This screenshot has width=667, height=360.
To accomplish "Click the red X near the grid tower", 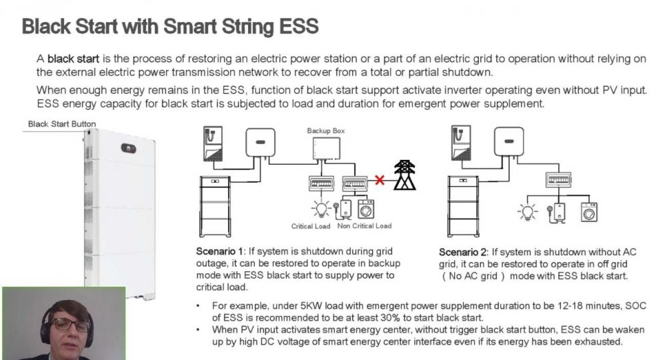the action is click(380, 180).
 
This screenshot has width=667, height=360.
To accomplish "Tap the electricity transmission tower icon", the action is click(405, 175).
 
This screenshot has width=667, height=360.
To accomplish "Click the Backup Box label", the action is click(326, 131).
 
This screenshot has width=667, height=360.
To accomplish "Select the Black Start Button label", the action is click(62, 124).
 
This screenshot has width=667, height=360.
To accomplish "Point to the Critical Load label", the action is click(311, 227).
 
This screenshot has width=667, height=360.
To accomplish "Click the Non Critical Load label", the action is click(364, 226).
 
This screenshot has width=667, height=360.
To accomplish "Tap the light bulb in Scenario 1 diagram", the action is click(321, 209).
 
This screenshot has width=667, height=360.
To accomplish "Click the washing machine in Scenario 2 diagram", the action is click(589, 211).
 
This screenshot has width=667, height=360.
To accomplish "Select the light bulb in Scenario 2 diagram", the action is click(528, 211).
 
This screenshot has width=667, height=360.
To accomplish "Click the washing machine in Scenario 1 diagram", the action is click(366, 209).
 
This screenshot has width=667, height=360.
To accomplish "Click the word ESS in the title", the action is click(299, 26).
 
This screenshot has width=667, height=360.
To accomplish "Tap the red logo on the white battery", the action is click(129, 149).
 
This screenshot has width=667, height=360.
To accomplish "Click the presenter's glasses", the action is click(71, 325).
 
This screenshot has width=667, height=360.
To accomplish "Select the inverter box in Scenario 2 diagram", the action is click(509, 142).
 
